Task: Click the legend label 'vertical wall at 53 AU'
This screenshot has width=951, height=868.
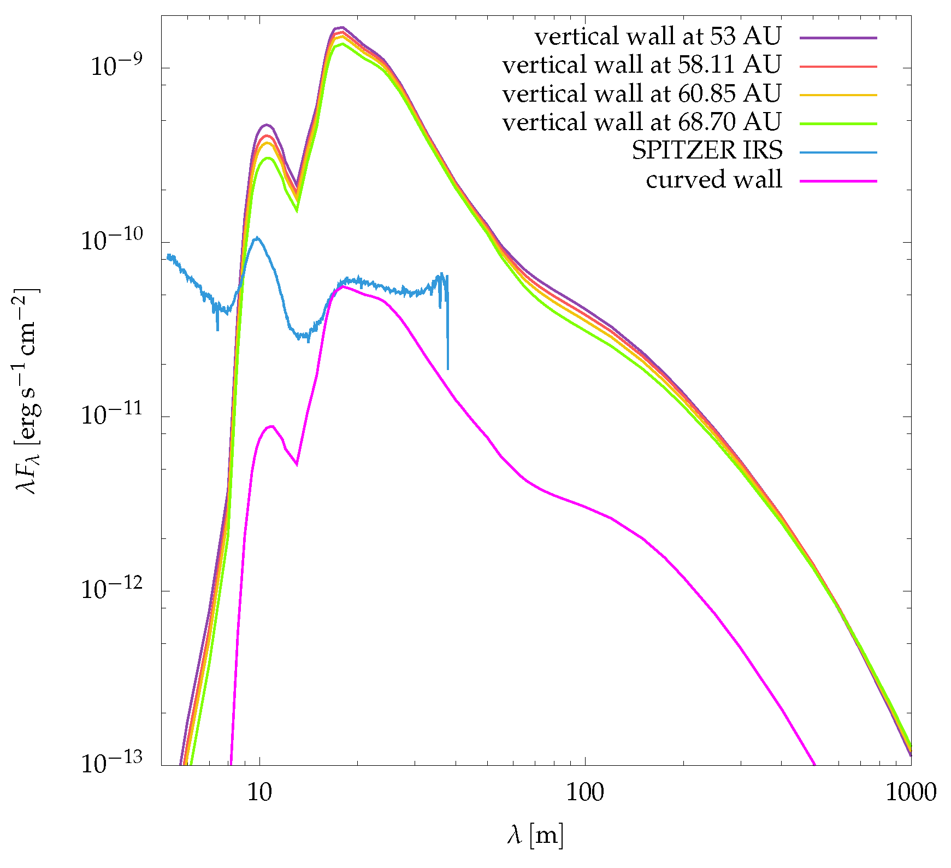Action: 658,37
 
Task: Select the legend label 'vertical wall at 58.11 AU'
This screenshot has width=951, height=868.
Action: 641,65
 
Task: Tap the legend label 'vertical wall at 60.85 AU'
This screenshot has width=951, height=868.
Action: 641,94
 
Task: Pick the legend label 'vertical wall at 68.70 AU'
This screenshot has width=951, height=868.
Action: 641,122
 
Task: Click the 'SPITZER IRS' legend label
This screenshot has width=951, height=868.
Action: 707,151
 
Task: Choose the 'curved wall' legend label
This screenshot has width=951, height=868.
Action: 714,180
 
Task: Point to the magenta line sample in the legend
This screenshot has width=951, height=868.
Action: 838,181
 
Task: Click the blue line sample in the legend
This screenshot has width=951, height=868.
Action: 838,152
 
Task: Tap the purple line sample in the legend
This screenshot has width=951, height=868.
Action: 838,38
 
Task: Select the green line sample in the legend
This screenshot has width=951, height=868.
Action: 838,124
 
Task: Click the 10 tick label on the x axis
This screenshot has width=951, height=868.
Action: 259,792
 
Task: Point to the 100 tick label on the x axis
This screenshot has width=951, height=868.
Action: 585,792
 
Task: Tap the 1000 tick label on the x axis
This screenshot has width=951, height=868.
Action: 911,792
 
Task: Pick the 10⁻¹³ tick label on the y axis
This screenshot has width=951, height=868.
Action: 111,762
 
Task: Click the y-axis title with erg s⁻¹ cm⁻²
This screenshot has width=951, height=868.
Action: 27,390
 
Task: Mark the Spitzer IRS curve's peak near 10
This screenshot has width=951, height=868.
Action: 257,237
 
